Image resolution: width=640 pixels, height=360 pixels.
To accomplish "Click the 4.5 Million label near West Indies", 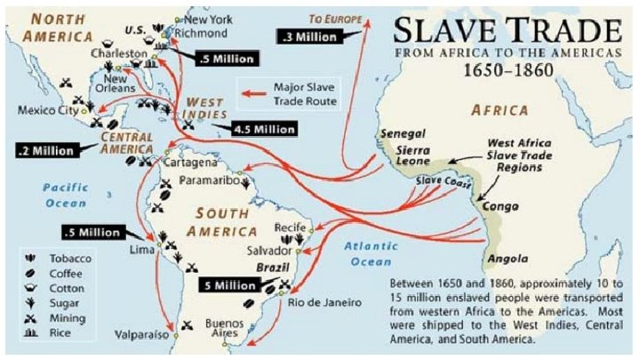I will (x=265, y=129).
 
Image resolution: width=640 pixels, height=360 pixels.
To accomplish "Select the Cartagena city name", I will (x=188, y=164).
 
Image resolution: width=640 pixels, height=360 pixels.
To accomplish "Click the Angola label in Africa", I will (x=500, y=259).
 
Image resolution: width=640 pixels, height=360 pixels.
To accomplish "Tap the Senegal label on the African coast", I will (x=402, y=133).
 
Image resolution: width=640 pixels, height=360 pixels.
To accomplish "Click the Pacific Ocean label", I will (x=67, y=195).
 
